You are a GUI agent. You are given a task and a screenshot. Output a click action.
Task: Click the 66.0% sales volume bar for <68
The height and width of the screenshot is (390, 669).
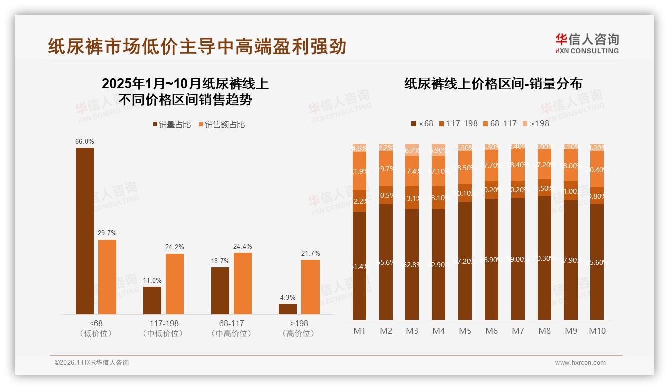[85, 231]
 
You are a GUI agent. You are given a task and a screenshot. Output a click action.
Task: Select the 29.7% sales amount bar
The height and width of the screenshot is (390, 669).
[107, 277]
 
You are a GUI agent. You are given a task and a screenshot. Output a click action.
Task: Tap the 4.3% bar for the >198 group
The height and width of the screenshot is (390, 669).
[288, 309]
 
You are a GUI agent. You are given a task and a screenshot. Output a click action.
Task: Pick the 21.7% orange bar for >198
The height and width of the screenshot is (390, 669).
[310, 287]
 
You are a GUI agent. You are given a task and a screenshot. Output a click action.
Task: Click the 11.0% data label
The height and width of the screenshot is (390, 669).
[152, 280]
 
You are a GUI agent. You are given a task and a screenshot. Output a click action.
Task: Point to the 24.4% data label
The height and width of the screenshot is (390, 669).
[242, 246]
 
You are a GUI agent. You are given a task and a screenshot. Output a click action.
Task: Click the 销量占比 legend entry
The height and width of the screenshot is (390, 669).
[171, 125]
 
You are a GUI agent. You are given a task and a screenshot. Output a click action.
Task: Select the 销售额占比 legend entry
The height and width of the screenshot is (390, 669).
[221, 125]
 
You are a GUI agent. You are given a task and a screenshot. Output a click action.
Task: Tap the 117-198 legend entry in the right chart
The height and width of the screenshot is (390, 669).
[458, 123]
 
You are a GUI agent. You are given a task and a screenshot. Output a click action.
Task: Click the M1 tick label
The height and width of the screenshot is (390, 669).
[359, 331]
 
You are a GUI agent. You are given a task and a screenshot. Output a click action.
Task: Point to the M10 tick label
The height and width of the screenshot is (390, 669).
[597, 331]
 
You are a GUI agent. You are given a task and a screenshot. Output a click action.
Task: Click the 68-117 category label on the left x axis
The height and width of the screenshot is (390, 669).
[231, 324]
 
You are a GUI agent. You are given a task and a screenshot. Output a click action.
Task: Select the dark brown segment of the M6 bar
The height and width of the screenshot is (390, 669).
[491, 259]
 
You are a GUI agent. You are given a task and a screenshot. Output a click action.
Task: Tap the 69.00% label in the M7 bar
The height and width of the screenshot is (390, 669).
[518, 259]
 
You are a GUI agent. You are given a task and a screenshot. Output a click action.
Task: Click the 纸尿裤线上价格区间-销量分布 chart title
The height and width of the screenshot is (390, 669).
[493, 84]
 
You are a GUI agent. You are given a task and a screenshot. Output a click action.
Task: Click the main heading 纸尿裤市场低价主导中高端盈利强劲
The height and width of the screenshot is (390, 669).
[197, 46]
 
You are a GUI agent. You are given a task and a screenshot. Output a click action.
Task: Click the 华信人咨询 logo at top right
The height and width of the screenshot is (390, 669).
[587, 43]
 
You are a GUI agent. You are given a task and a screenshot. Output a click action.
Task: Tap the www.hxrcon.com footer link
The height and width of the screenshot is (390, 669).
[580, 363]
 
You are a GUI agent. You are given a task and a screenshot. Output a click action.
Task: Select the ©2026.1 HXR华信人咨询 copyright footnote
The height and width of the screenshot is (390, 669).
[92, 363]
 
